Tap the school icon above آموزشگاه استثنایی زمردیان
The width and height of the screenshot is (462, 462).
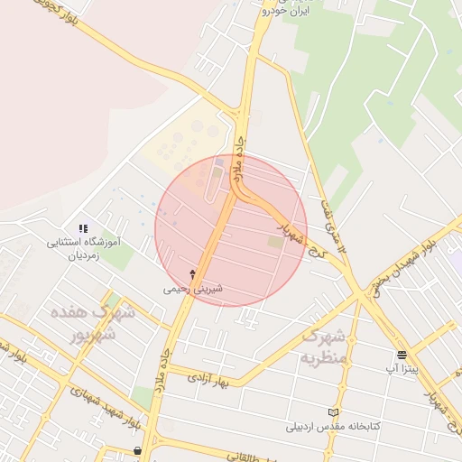tap(83, 228)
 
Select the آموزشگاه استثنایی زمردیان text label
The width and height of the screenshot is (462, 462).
tap(83, 249)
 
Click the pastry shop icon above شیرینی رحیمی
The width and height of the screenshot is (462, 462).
tap(191, 273)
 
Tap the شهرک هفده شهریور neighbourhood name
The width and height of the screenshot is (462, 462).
tap(100, 324)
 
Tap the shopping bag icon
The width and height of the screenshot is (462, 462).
tap(137, 449)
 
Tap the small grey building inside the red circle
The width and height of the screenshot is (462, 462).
tap(219, 163)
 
